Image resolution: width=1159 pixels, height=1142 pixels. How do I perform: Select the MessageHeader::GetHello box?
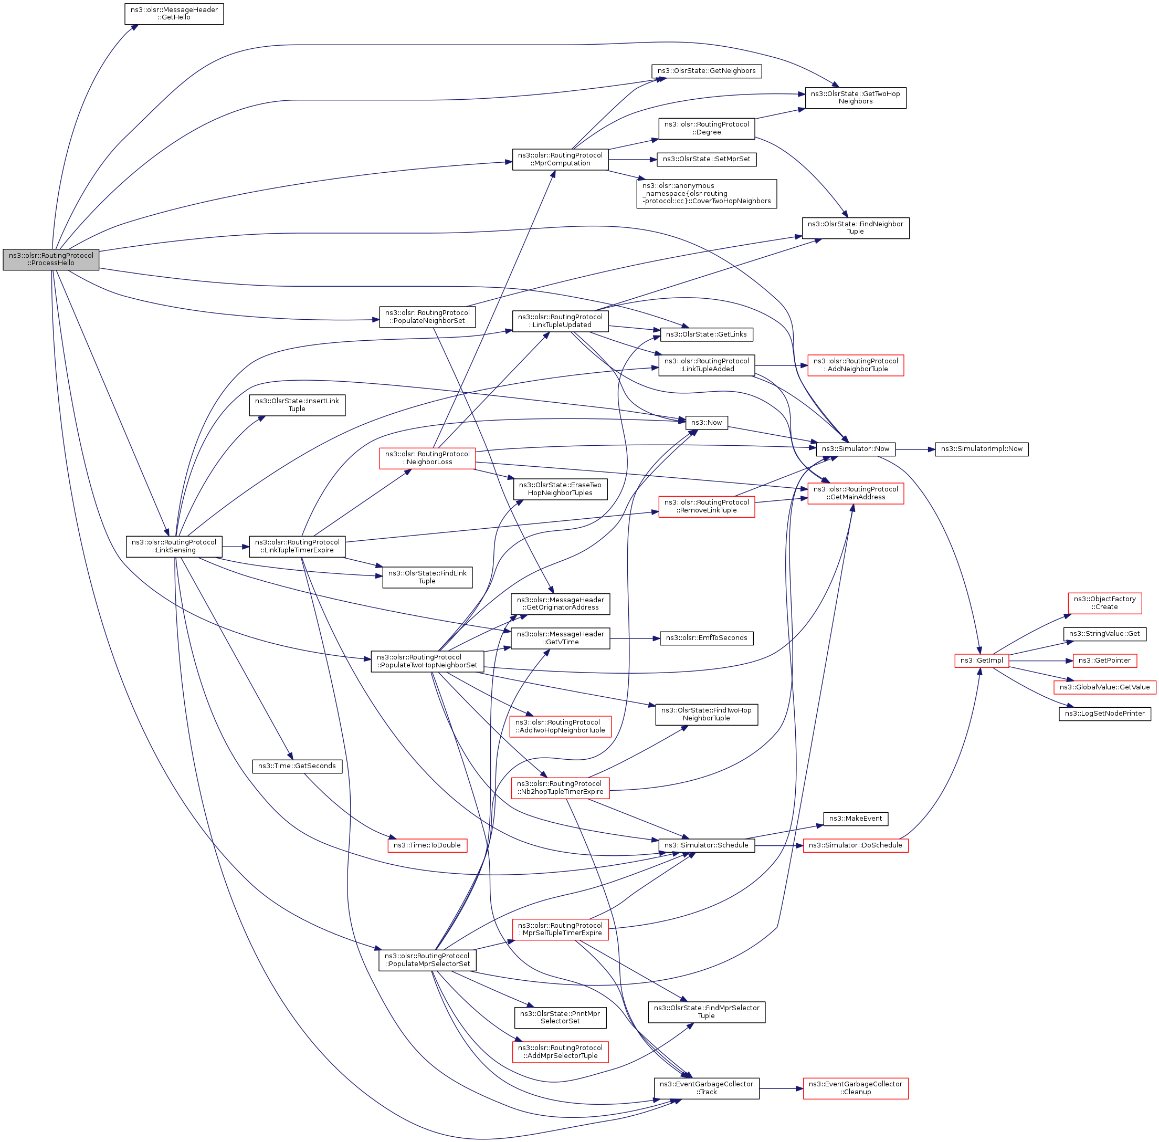(174, 14)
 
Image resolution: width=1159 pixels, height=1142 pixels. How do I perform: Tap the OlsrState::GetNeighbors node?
(707, 71)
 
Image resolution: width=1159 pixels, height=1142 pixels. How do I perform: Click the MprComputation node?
(560, 160)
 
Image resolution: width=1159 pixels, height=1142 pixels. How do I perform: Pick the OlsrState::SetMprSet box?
(707, 160)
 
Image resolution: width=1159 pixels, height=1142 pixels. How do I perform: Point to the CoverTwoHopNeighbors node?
(707, 194)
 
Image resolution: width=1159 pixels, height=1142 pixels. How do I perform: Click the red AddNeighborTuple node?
(855, 365)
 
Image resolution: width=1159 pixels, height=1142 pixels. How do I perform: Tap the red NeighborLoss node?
(427, 458)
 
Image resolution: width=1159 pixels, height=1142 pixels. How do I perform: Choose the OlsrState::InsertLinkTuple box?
(297, 405)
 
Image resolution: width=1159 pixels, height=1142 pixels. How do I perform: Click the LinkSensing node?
(174, 547)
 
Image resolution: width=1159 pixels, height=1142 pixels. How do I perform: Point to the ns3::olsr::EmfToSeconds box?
(707, 638)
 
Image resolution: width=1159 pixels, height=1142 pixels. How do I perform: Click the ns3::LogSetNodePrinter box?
(1104, 714)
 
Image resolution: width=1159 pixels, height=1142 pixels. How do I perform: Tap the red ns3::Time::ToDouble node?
(427, 845)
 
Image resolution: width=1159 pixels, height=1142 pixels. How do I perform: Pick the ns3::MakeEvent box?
(855, 819)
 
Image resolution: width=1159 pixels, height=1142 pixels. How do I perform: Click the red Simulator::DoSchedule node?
(855, 845)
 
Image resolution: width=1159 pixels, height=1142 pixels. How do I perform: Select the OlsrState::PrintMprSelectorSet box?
(560, 1017)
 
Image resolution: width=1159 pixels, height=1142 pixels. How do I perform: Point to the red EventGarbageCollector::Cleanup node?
(855, 1088)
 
